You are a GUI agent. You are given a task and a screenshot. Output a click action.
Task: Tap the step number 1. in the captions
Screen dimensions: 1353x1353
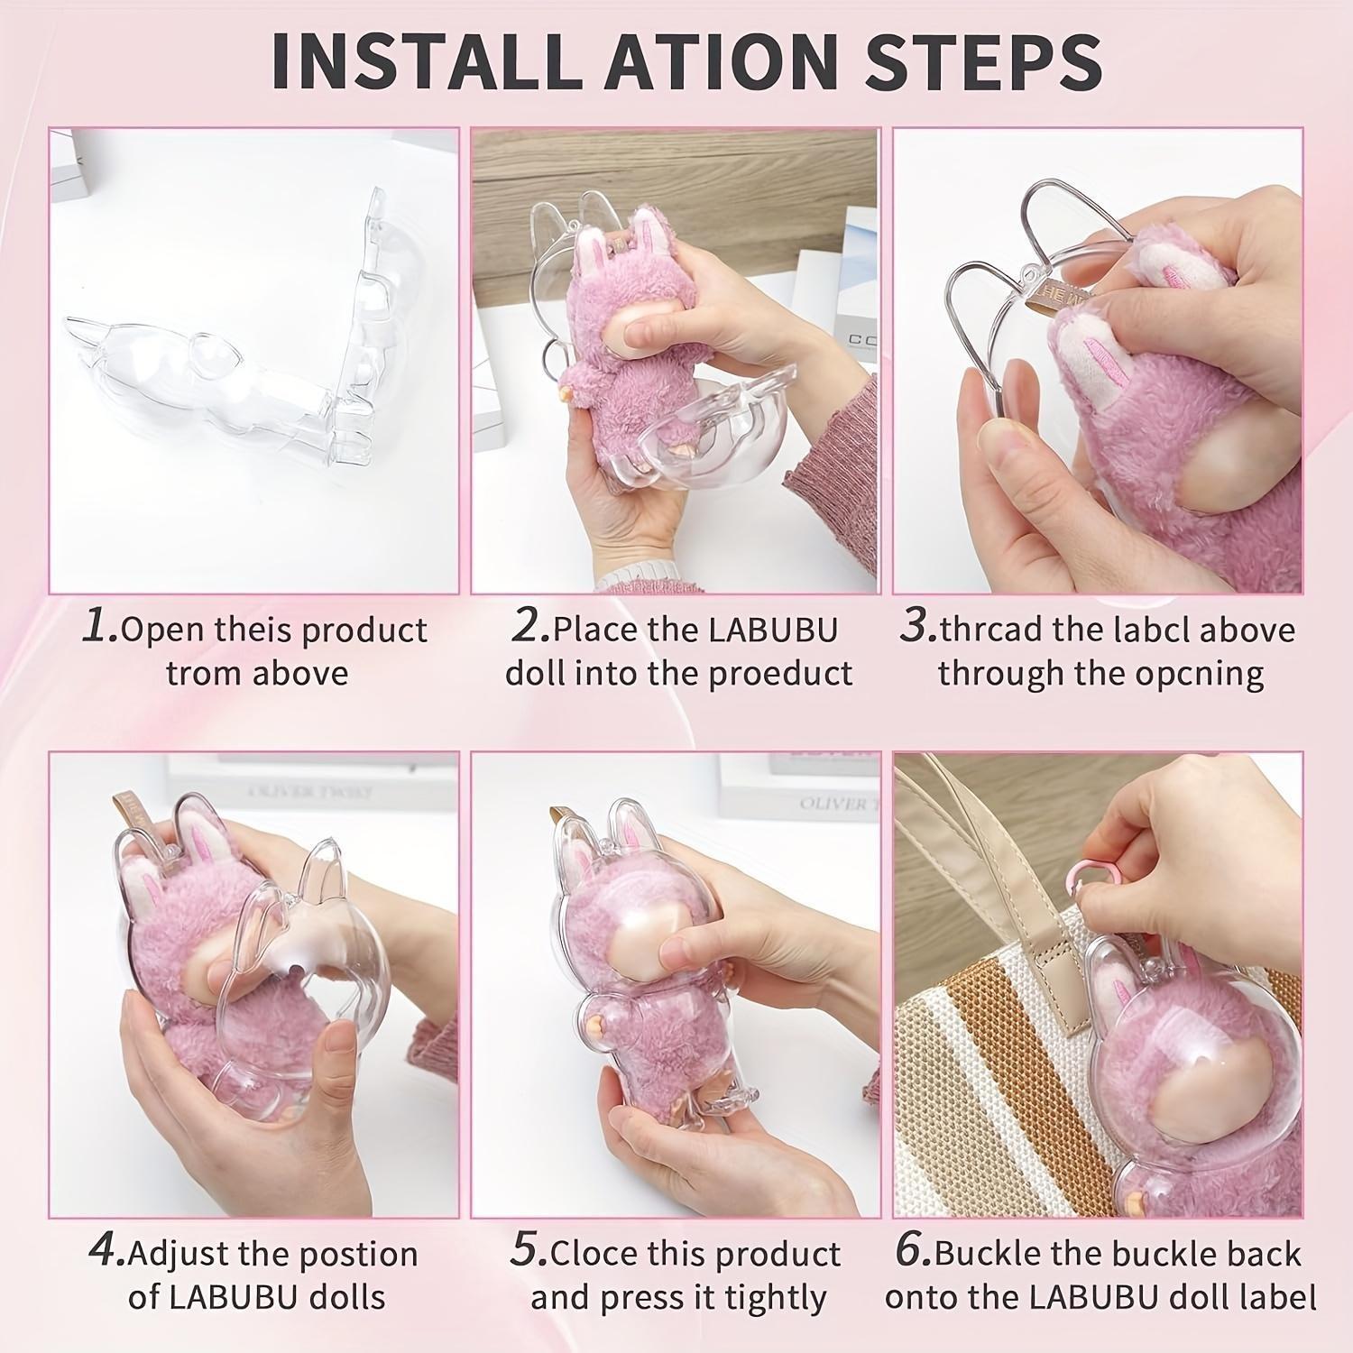coord(99,627)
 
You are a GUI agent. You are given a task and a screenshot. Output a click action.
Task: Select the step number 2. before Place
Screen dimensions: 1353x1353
coord(531,627)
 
